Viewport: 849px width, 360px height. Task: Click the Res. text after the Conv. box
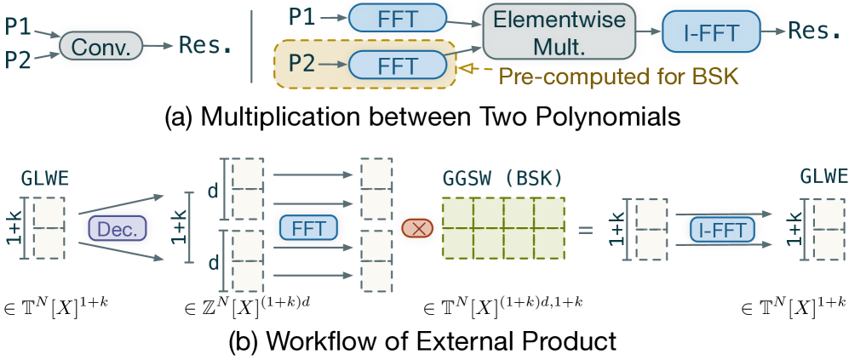point(205,45)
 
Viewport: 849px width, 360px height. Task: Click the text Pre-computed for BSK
point(617,77)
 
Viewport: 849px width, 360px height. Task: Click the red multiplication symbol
point(416,228)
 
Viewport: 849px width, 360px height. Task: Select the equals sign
point(586,228)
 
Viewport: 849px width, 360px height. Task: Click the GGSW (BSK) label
point(502,180)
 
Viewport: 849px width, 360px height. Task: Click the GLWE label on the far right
point(823,176)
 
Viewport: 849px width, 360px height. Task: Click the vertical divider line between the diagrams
point(252,43)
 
